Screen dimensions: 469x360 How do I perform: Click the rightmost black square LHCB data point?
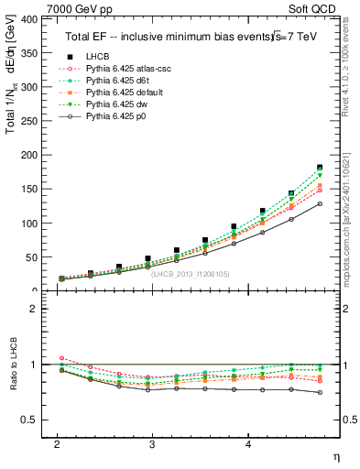click(x=320, y=168)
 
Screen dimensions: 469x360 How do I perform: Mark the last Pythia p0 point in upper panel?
click(x=320, y=203)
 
